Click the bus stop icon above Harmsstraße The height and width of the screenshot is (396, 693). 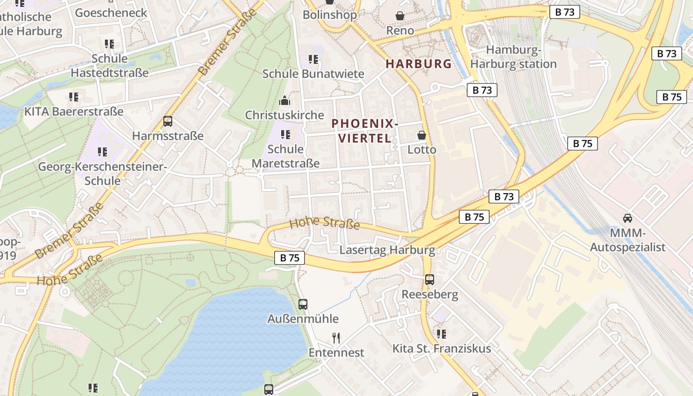click(168, 121)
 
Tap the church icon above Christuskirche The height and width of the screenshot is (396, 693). click(285, 101)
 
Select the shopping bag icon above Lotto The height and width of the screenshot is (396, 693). click(422, 135)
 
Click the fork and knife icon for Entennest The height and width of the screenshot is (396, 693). click(336, 338)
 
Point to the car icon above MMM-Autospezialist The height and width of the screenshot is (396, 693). click(627, 218)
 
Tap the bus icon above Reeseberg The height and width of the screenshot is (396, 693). click(430, 280)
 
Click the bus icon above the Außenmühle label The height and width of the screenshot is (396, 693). click(303, 304)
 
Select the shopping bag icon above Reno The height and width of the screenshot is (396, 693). click(400, 16)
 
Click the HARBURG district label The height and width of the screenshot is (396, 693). click(419, 64)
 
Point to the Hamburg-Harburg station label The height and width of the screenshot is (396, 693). click(513, 57)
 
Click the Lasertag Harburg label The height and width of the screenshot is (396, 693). click(387, 250)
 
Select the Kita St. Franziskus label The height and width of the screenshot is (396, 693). click(442, 348)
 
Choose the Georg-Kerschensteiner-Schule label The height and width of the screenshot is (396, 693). click(102, 173)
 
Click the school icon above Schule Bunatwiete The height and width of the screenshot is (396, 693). click(313, 59)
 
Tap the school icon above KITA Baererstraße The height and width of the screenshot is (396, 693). click(74, 97)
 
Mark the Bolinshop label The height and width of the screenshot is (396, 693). click(330, 15)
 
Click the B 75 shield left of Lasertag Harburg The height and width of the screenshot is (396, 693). click(290, 258)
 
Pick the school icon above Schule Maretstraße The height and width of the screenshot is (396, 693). click(286, 135)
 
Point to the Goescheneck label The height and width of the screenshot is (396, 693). click(111, 12)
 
